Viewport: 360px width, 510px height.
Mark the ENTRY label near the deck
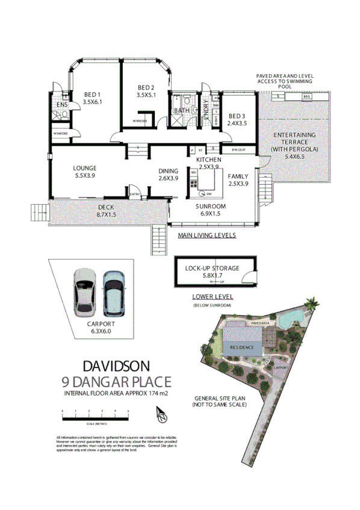(135, 194)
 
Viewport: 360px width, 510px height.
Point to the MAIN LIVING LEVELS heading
(206, 235)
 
